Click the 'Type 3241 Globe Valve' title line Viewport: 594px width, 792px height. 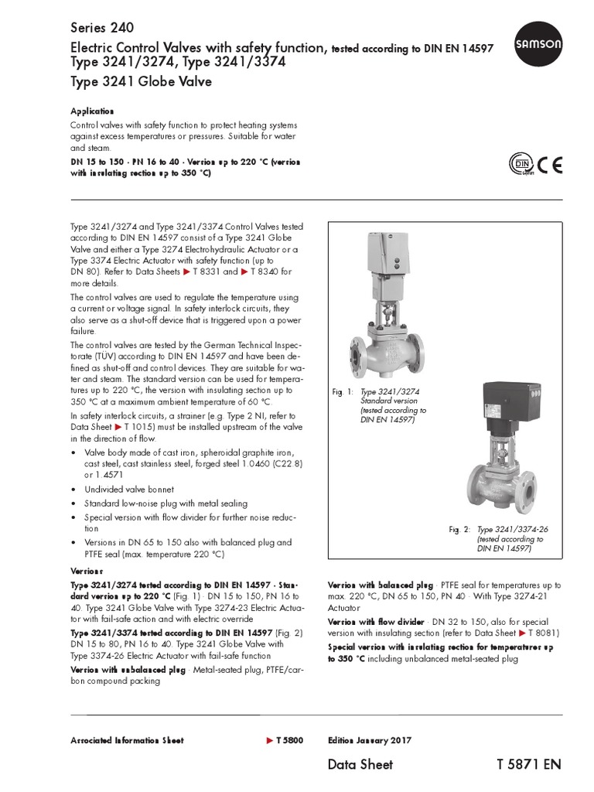pos(141,81)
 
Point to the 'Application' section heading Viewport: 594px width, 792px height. pos(92,111)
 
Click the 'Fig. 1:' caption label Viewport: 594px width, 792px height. pos(342,393)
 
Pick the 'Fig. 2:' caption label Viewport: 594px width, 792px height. pos(459,530)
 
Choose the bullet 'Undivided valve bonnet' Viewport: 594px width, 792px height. pos(128,490)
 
